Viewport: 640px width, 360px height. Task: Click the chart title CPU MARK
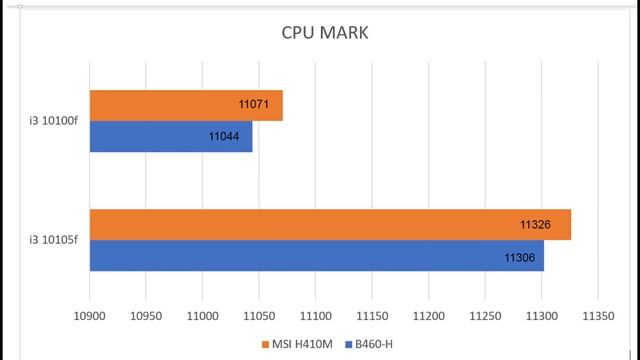pyautogui.click(x=325, y=33)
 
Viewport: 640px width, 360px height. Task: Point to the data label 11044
pyautogui.click(x=225, y=136)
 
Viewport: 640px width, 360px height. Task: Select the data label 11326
pyautogui.click(x=537, y=224)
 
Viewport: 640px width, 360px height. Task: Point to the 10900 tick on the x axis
pyautogui.click(x=90, y=314)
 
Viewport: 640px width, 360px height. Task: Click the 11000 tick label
pyautogui.click(x=203, y=314)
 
